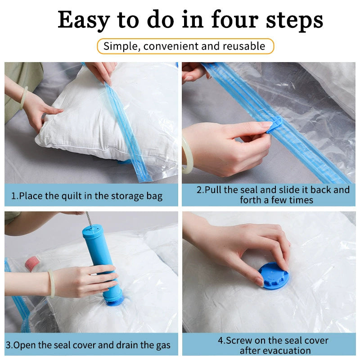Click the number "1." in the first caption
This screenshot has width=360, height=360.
(14, 196)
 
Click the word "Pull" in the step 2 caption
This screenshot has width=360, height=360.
(213, 190)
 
